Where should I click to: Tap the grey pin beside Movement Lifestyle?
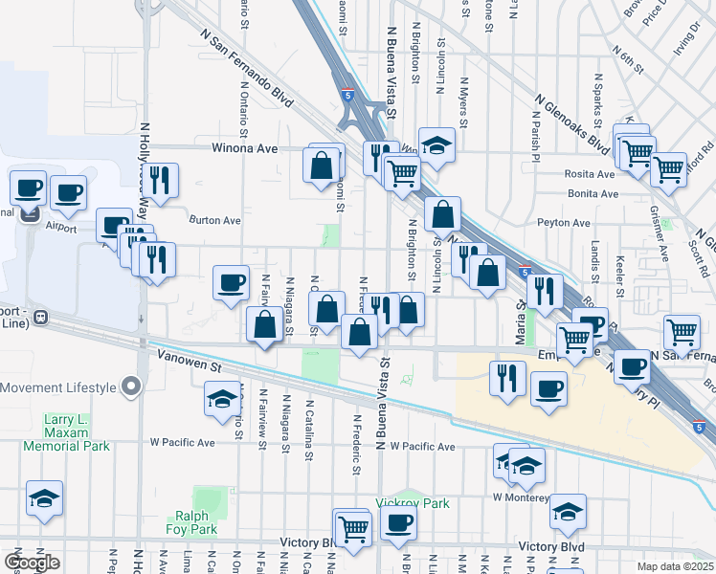pos(132,387)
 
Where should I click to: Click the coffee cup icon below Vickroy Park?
pos(398,522)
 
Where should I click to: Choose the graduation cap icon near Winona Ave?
pos(436,145)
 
